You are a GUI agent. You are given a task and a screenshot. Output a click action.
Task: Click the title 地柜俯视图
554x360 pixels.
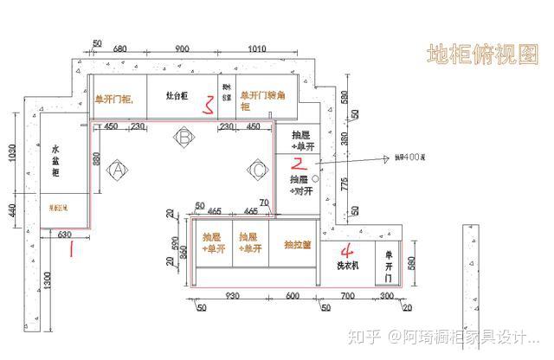[x=482, y=54]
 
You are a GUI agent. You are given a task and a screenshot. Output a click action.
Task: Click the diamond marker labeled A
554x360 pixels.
[x=118, y=170]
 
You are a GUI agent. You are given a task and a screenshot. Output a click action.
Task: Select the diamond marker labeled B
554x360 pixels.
[x=184, y=137]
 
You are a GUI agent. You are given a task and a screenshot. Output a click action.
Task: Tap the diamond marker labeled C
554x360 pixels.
[x=258, y=170]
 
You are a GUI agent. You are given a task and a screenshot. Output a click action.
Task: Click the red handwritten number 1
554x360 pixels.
[x=72, y=250]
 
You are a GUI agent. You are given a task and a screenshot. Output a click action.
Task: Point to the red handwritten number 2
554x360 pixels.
[x=299, y=162]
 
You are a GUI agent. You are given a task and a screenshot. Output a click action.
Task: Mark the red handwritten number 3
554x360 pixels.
[x=208, y=106]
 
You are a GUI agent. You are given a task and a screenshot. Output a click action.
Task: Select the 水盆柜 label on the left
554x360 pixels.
[x=55, y=161]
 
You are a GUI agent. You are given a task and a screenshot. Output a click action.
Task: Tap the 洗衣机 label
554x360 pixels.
[x=348, y=267]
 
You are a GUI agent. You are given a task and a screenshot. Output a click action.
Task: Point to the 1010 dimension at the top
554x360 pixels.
[x=256, y=48]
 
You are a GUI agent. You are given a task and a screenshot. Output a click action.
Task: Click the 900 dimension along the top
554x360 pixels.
[x=182, y=48]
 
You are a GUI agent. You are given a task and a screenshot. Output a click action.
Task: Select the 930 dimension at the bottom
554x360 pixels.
[x=231, y=297]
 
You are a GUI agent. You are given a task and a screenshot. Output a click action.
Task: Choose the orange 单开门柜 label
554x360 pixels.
[x=114, y=100]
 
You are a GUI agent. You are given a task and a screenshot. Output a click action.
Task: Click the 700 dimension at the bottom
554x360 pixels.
[x=346, y=297]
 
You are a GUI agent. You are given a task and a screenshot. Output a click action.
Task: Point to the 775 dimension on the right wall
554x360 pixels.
[x=345, y=183]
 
